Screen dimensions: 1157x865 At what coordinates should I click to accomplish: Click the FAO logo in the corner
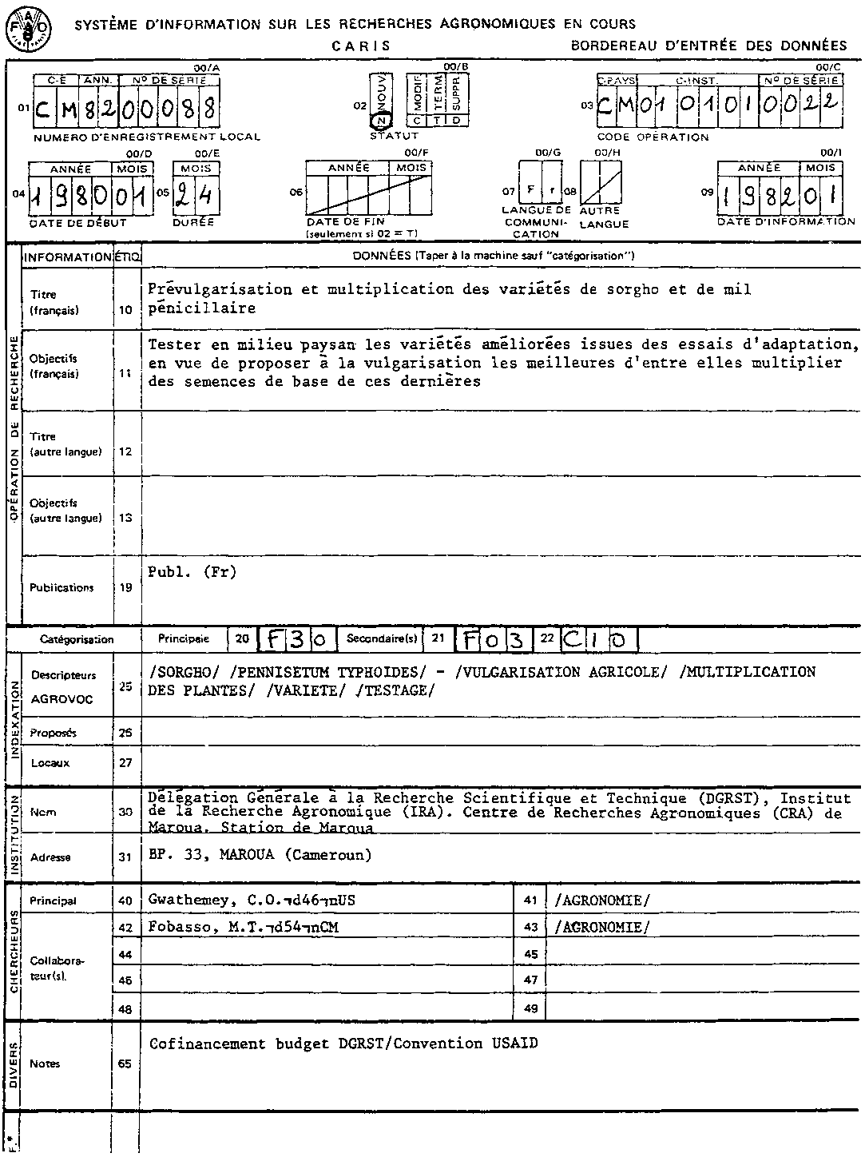[27, 28]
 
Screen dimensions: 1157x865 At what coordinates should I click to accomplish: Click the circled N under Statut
[382, 121]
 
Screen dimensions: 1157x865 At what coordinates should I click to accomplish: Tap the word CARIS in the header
[361, 46]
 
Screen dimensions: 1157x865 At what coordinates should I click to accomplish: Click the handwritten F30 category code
[296, 639]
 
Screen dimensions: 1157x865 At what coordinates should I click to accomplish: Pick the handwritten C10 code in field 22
[600, 639]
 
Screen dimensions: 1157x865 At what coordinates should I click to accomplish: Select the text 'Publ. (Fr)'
[192, 572]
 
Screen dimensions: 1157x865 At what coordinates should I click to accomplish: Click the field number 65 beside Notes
[125, 1064]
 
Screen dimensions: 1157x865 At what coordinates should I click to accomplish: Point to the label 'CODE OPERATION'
[653, 137]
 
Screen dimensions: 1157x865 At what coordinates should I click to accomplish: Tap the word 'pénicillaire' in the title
[201, 308]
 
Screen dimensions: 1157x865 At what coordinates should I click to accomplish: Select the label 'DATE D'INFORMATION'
[786, 221]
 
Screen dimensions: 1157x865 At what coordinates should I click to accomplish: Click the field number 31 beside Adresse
[125, 857]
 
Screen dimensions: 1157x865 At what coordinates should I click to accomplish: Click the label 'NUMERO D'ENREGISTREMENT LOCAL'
[147, 137]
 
